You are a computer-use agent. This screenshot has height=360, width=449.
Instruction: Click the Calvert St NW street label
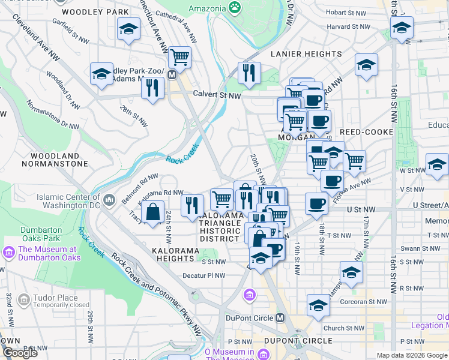(x=217, y=95)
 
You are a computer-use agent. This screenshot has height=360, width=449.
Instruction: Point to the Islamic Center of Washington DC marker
(x=109, y=199)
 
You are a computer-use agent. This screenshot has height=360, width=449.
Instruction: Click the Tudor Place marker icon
(x=24, y=299)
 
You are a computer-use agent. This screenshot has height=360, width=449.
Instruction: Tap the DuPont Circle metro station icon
(x=280, y=318)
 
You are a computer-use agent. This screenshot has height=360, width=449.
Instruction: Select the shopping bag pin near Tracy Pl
(x=154, y=212)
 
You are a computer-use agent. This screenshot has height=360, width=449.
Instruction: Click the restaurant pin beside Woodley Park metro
(x=153, y=88)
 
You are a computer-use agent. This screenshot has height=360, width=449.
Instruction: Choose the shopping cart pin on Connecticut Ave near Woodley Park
(x=179, y=58)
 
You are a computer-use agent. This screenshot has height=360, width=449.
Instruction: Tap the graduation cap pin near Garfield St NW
(x=128, y=29)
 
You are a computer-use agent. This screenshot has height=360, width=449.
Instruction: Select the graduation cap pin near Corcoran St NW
(x=318, y=305)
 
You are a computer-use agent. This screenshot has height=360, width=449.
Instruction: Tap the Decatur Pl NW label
(x=203, y=276)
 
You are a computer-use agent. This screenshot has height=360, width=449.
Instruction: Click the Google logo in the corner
(x=20, y=353)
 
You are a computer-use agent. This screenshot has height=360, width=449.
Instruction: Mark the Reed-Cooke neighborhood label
(x=366, y=132)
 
